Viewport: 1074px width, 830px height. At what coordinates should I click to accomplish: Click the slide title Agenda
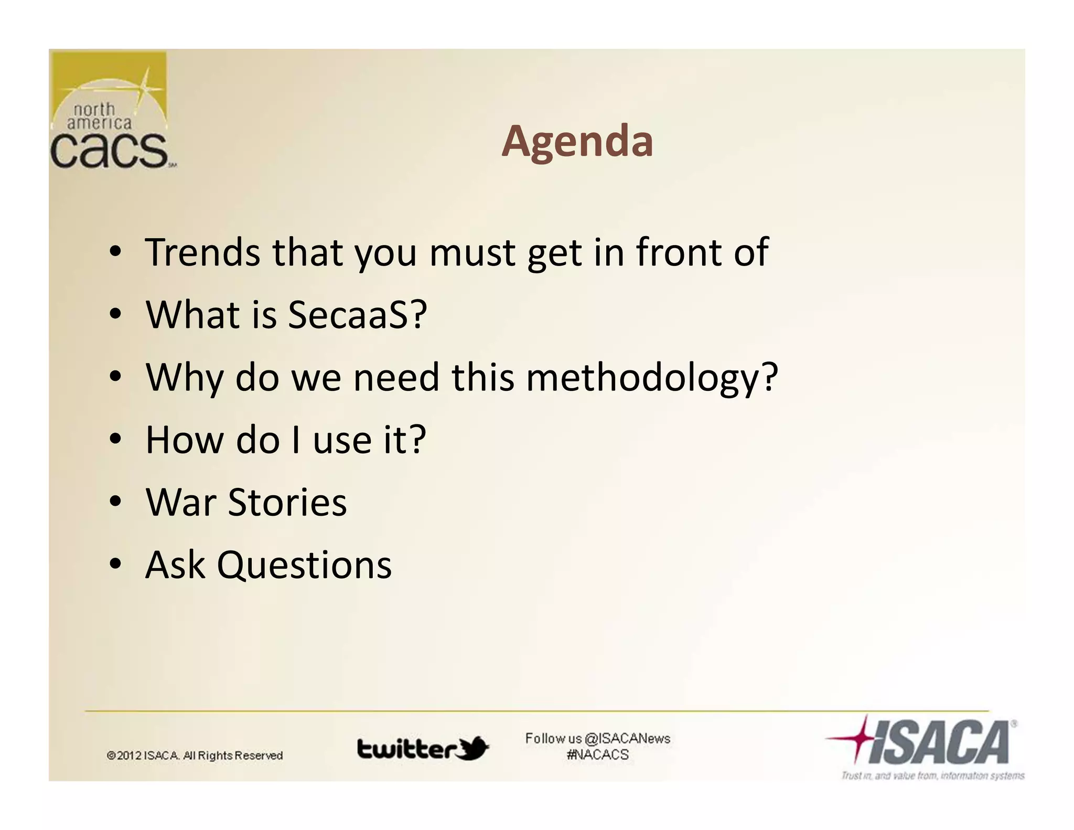point(577,141)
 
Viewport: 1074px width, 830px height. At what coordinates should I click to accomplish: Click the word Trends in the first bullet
point(202,252)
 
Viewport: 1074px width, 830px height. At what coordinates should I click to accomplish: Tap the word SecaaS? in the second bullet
point(357,315)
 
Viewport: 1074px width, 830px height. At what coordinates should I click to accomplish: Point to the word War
point(181,502)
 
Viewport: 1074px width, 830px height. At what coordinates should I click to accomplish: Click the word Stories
point(287,502)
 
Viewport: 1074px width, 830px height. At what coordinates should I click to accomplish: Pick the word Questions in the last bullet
point(304,565)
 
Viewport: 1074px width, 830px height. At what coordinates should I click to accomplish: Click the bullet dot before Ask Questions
point(116,565)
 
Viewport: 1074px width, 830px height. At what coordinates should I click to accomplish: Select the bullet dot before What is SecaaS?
point(116,314)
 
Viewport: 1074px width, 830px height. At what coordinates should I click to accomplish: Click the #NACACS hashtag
point(597,755)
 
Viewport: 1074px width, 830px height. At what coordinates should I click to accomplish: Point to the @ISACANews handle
point(627,739)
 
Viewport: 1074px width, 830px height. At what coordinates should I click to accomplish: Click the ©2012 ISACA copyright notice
point(195,755)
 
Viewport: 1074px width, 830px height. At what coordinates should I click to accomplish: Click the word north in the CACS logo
point(94,110)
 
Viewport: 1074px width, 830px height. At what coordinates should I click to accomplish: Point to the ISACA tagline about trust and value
point(932,775)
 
